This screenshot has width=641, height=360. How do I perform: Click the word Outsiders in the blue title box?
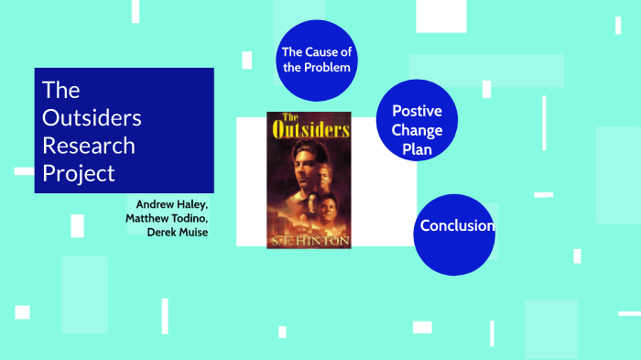coord(92,118)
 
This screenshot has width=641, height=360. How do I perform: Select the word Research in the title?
coord(89,146)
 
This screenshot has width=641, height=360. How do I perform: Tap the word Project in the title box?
coord(79,173)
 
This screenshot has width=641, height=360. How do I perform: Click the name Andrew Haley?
coord(172,203)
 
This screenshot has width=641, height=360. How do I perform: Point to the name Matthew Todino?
coord(168,217)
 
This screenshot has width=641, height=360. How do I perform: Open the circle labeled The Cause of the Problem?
coord(316,60)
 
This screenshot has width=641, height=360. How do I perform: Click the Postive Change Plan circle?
coord(417,120)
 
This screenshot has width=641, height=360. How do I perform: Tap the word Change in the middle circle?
coord(417,130)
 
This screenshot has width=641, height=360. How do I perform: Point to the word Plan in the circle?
coord(417,149)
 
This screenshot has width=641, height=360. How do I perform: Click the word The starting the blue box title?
coord(61,91)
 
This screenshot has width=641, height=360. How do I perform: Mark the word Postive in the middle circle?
coord(417,111)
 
